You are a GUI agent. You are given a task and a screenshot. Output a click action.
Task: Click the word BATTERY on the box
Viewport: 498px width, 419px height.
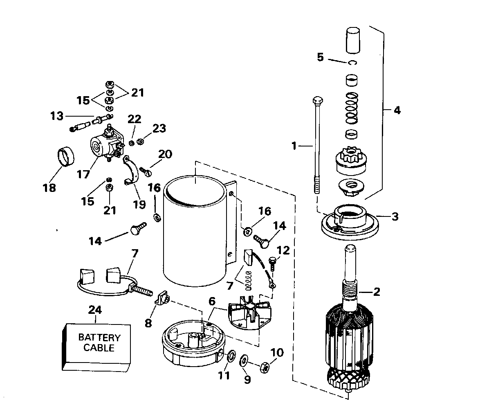(99, 337)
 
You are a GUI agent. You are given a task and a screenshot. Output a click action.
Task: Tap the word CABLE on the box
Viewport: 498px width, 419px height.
(99, 348)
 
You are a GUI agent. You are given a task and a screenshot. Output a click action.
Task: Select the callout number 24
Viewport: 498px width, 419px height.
(95, 310)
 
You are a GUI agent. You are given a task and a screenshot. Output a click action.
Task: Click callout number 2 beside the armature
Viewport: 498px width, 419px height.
(376, 292)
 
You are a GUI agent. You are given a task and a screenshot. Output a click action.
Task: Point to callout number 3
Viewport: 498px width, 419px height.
(395, 217)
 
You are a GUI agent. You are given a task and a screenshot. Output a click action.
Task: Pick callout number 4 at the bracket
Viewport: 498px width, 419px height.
(397, 110)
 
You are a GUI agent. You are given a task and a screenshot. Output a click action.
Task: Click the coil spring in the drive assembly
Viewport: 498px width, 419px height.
(352, 108)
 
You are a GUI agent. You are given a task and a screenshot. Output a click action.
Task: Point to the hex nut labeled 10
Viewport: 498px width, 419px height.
(265, 367)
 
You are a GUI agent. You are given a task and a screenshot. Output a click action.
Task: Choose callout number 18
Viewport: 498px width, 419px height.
(49, 188)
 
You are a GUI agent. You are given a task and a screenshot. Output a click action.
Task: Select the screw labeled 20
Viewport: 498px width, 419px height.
(146, 172)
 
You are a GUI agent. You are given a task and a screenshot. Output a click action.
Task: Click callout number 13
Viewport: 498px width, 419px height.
(57, 116)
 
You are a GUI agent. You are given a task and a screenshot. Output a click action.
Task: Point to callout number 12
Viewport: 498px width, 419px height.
(283, 250)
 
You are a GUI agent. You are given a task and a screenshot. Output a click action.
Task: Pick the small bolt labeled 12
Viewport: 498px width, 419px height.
(272, 264)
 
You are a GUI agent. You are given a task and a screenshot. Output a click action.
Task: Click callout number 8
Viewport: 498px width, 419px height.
(148, 324)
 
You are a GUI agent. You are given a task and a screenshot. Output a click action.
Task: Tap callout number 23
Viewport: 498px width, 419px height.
(159, 128)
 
